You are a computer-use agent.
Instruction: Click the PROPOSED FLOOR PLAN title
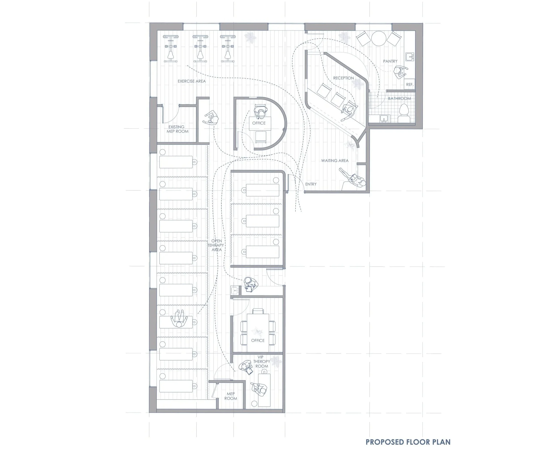click(x=408, y=442)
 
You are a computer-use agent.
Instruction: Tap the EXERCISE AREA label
click(x=192, y=81)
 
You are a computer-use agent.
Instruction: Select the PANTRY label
click(x=390, y=61)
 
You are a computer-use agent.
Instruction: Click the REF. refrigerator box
click(x=409, y=84)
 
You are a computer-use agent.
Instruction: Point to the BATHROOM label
click(x=399, y=99)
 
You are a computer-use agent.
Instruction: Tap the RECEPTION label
click(x=343, y=78)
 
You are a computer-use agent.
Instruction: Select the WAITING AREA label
click(x=335, y=160)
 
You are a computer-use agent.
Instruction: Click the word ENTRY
click(x=311, y=184)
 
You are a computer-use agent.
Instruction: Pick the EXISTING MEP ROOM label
click(x=177, y=129)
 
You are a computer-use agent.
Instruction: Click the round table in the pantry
click(x=379, y=39)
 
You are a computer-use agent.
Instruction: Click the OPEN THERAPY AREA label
click(x=216, y=245)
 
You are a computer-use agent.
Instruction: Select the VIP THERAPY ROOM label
click(x=261, y=361)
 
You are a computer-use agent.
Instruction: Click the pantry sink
click(x=410, y=56)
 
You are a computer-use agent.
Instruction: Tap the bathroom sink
click(x=383, y=118)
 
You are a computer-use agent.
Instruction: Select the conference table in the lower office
click(x=258, y=333)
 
